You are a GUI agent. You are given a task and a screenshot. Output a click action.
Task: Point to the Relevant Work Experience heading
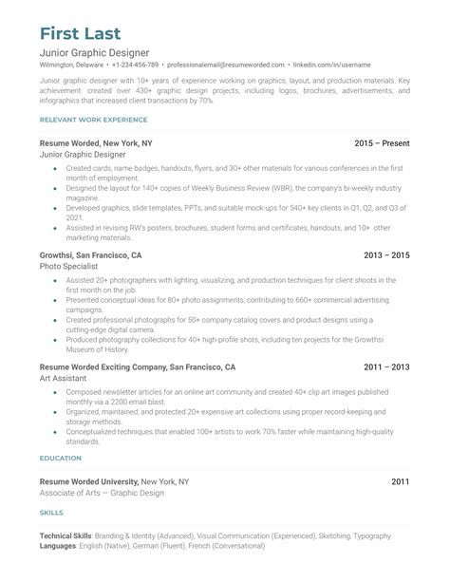(93, 120)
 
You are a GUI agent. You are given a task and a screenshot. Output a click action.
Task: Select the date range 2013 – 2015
(386, 255)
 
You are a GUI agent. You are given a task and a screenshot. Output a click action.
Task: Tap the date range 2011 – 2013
(386, 366)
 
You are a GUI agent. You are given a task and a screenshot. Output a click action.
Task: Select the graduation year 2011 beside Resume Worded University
(402, 482)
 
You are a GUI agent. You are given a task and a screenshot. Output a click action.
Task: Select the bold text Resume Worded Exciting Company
(103, 366)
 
